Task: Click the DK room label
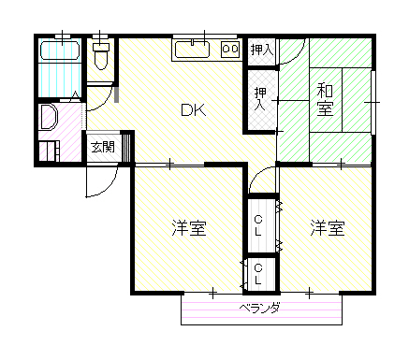pyautogui.click(x=194, y=109)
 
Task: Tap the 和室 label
pyautogui.click(x=325, y=100)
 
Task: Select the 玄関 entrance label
pyautogui.click(x=103, y=147)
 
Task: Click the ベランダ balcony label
pyautogui.click(x=259, y=309)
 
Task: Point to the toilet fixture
pyautogui.click(x=101, y=55)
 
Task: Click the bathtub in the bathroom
pyautogui.click(x=60, y=50)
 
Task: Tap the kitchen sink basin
pyautogui.click(x=192, y=50)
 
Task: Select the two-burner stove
pyautogui.click(x=230, y=49)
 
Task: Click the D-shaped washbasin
pyautogui.click(x=49, y=117)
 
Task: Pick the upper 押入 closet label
pyautogui.click(x=262, y=50)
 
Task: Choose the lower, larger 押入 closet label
pyautogui.click(x=260, y=99)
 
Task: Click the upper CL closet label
pyautogui.click(x=258, y=225)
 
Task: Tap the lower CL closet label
pyautogui.click(x=258, y=275)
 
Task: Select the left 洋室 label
pyautogui.click(x=189, y=228)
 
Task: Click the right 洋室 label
pyautogui.click(x=328, y=228)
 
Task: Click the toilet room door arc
pyautogui.click(x=106, y=102)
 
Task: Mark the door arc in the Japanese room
pyautogui.click(x=298, y=55)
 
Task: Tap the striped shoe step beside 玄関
pyautogui.click(x=125, y=148)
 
